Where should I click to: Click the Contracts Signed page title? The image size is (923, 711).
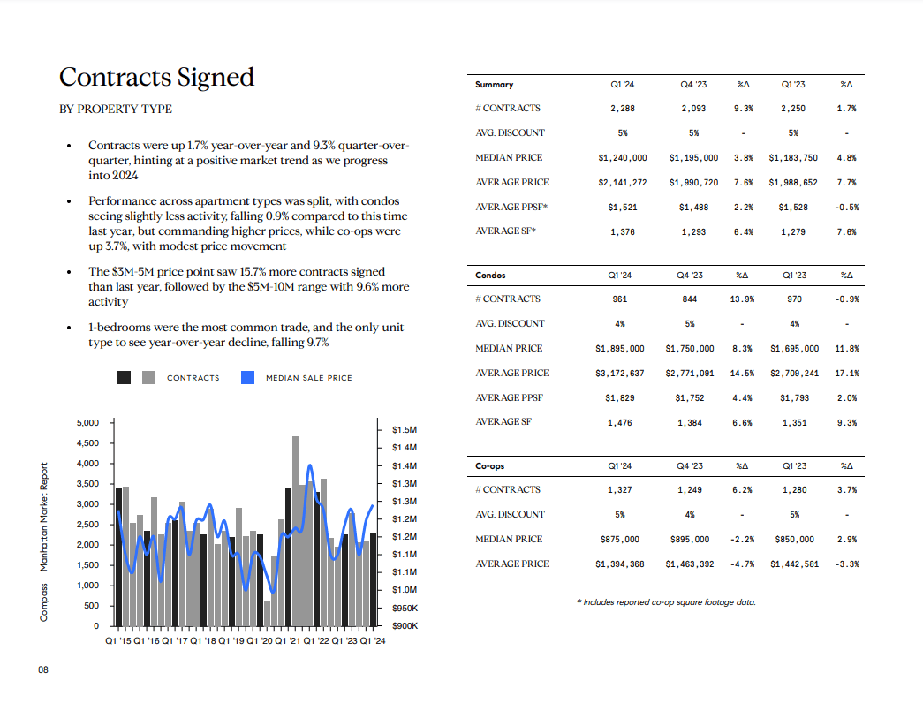pyautogui.click(x=156, y=77)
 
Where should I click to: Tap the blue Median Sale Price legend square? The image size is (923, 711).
pyautogui.click(x=248, y=377)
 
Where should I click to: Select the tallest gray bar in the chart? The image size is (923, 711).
pyautogui.click(x=296, y=531)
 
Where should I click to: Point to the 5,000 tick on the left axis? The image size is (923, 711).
pyautogui.click(x=87, y=422)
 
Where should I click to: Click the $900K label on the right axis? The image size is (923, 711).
pyautogui.click(x=405, y=625)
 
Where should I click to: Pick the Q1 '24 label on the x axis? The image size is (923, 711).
pyautogui.click(x=373, y=640)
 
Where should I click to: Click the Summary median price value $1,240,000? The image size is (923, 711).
pyautogui.click(x=622, y=158)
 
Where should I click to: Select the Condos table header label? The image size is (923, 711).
pyautogui.click(x=490, y=275)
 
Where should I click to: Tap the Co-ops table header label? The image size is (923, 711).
pyautogui.click(x=489, y=465)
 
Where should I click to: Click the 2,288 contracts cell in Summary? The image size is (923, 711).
pyautogui.click(x=622, y=109)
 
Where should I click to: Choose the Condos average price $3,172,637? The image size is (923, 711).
pyautogui.click(x=620, y=373)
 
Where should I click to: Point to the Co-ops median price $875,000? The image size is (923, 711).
pyautogui.click(x=620, y=539)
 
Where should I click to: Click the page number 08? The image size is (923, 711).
pyautogui.click(x=43, y=669)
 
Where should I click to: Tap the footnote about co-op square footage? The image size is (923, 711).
pyautogui.click(x=666, y=602)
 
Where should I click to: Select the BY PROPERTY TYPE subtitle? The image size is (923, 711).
pyautogui.click(x=116, y=109)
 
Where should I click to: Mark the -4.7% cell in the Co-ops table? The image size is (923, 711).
pyautogui.click(x=742, y=564)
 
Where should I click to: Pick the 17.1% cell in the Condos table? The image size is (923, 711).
pyautogui.click(x=847, y=373)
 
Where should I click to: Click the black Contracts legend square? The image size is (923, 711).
pyautogui.click(x=125, y=377)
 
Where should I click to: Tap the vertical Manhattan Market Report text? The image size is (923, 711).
pyautogui.click(x=43, y=517)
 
